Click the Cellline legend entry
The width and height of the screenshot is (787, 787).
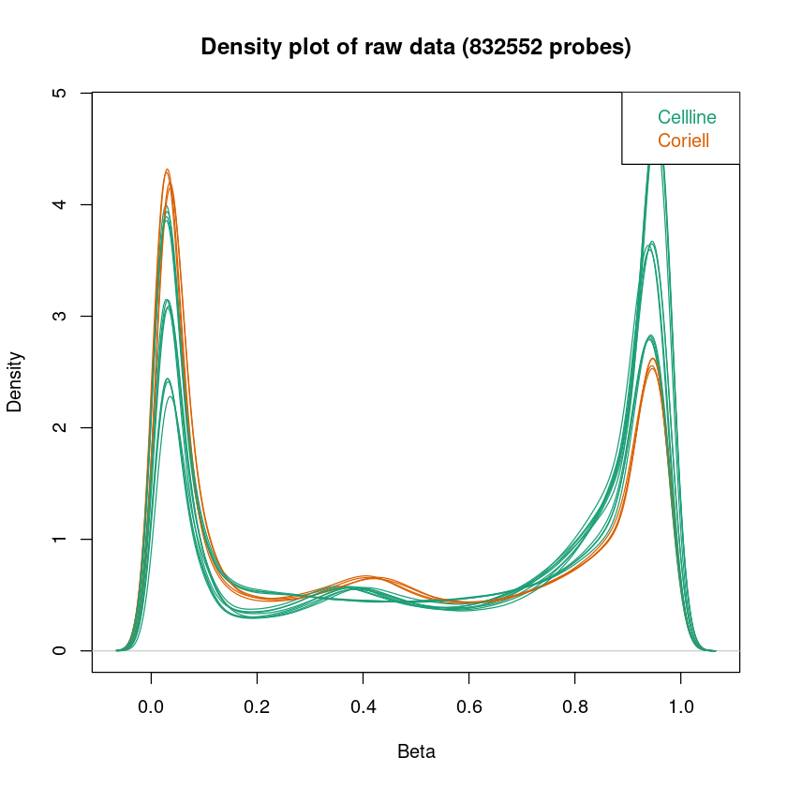[x=687, y=118]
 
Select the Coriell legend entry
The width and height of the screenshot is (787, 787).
[x=683, y=141]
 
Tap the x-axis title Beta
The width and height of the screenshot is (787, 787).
[x=416, y=751]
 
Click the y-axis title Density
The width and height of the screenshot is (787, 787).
[x=16, y=381]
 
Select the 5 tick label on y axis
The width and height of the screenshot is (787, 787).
[x=60, y=94]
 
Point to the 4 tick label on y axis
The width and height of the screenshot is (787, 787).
[x=60, y=205]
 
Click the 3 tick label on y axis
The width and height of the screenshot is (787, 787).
[x=60, y=317]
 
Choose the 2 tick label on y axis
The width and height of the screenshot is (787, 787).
[x=60, y=428]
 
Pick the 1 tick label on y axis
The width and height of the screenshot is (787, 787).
[x=60, y=540]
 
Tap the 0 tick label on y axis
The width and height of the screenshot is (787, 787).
[x=60, y=651]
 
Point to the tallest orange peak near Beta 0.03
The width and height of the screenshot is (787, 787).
[x=167, y=171]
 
